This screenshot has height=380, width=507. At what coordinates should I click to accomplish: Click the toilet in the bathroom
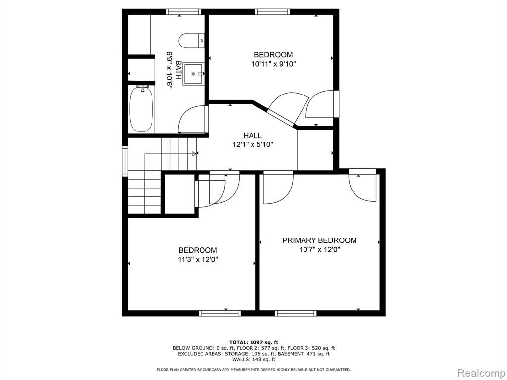[x=192, y=41]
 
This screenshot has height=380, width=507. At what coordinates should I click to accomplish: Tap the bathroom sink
[x=194, y=74]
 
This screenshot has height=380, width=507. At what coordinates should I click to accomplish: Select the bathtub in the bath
[x=141, y=108]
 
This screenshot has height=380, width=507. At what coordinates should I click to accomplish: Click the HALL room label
[x=253, y=136]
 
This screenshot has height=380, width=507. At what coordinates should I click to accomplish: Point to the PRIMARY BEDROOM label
[x=319, y=240]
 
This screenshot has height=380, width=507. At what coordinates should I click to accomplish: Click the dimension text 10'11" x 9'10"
[x=273, y=64]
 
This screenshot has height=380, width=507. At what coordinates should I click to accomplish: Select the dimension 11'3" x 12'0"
[x=198, y=259]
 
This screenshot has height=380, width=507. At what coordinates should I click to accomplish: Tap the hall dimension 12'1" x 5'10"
[x=253, y=144]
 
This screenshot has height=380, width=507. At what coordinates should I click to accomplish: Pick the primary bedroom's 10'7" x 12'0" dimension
[x=319, y=249]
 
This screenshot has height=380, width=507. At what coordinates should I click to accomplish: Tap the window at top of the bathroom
[x=183, y=12]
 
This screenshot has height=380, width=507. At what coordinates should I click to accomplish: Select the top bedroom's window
[x=272, y=12]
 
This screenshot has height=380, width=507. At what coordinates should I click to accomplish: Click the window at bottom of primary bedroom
[x=296, y=313]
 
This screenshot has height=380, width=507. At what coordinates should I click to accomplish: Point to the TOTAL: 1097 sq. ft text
[x=253, y=342]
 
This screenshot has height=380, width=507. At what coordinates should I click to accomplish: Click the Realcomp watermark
[x=481, y=373]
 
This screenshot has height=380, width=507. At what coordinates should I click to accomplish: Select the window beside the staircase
[x=125, y=161]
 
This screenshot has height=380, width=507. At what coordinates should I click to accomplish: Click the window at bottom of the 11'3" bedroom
[x=220, y=313]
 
